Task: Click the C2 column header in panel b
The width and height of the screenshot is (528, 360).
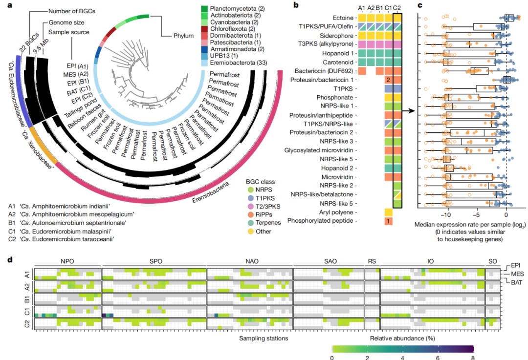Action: pos(398,7)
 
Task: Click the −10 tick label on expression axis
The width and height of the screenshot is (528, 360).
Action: pos(445,215)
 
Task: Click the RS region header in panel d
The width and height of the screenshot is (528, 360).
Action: pos(372,262)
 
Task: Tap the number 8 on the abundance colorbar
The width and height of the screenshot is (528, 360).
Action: pos(472,357)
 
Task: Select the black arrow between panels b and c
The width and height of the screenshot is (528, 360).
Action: pos(409,111)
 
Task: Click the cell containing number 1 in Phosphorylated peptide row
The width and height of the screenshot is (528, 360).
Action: pos(388,221)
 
